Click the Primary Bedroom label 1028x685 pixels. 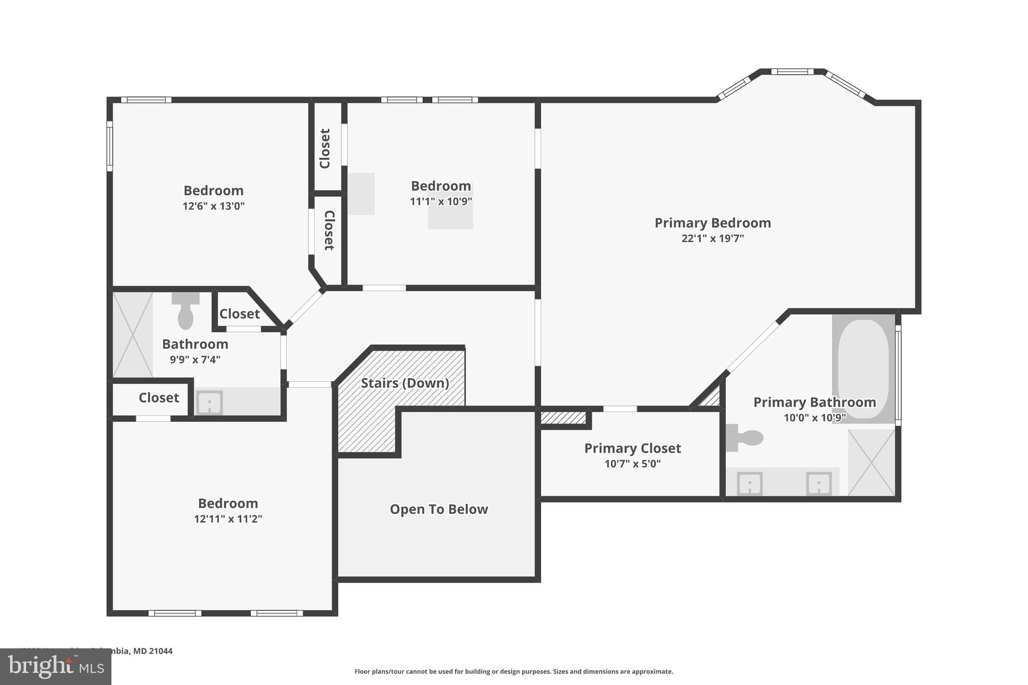[x=712, y=223]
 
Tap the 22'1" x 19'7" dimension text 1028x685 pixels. [x=712, y=238]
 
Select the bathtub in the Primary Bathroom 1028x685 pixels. [x=863, y=368]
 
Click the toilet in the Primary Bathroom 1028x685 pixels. [x=745, y=438]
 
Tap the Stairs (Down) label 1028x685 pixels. [x=405, y=383]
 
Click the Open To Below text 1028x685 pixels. [x=439, y=509]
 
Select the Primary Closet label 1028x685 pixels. [x=632, y=448]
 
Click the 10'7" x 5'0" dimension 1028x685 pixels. [x=632, y=464]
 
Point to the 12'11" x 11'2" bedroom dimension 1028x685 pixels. [x=228, y=519]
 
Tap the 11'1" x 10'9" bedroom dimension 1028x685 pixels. [x=441, y=202]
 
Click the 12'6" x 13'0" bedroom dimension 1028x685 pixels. [x=213, y=206]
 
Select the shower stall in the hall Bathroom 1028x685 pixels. [x=133, y=335]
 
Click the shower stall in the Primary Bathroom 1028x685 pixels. [x=871, y=462]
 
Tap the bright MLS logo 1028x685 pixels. [x=55, y=667]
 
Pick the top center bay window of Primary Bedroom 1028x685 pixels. [x=792, y=72]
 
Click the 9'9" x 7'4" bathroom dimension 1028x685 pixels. [x=195, y=360]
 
